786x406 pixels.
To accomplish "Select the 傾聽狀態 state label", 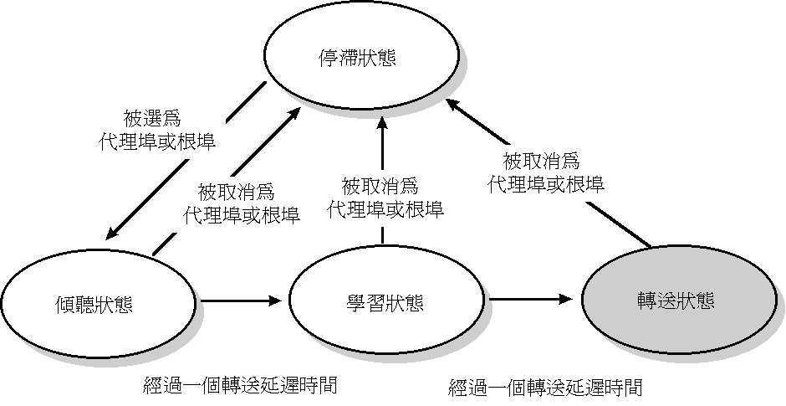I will [99, 303].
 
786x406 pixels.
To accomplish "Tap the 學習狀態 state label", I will [388, 301].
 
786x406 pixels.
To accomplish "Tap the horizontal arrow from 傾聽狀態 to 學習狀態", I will [239, 299].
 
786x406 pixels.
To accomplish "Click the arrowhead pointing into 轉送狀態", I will [568, 299].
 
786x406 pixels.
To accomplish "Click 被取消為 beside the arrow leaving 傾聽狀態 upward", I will [236, 192].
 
